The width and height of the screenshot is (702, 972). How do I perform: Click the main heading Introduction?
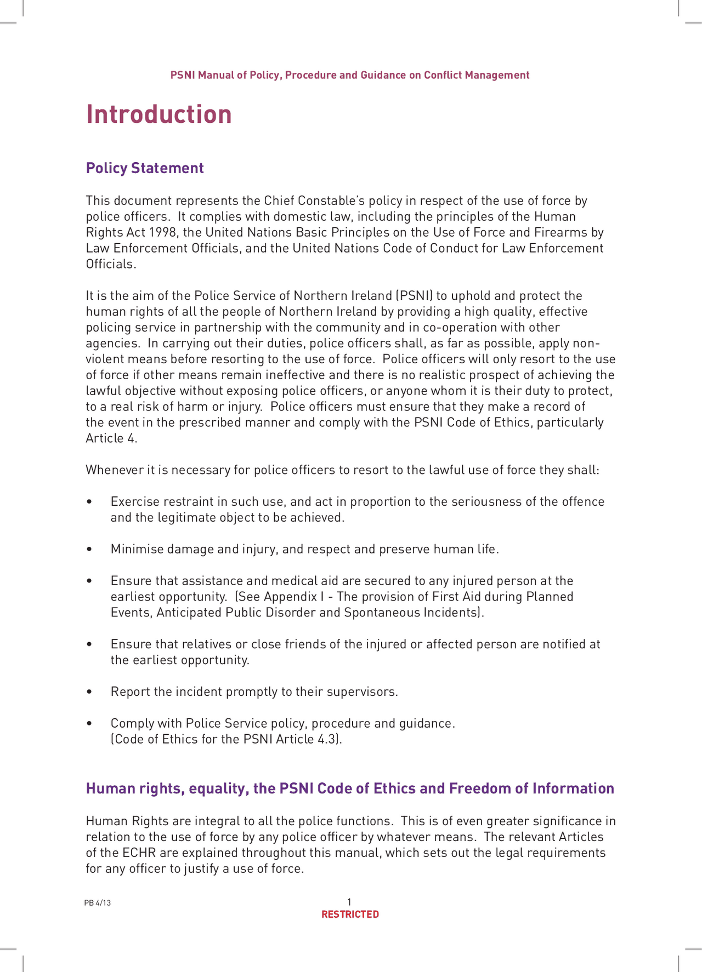point(159,115)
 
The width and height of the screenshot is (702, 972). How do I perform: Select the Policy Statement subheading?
point(145,168)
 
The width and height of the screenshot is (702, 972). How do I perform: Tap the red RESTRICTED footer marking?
point(350,914)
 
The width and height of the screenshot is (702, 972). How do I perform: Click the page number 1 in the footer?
point(349,902)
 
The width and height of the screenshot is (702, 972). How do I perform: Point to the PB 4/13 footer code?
point(98,903)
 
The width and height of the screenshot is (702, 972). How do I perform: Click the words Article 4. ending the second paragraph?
point(111,438)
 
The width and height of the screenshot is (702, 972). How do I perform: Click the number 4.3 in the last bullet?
point(328,739)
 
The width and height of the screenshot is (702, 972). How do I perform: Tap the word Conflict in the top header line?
point(443,75)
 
